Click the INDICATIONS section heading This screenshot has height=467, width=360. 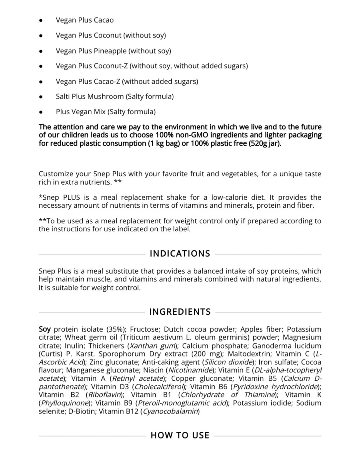point(180,254)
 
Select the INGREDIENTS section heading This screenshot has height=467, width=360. point(180,312)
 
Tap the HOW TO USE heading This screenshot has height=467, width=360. point(180,435)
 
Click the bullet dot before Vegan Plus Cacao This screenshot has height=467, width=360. point(41,20)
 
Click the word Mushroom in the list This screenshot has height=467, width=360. point(106,96)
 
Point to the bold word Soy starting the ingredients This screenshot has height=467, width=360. point(45,329)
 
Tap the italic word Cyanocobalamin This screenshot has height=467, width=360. point(171,411)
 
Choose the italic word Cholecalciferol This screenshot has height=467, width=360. point(159,386)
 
